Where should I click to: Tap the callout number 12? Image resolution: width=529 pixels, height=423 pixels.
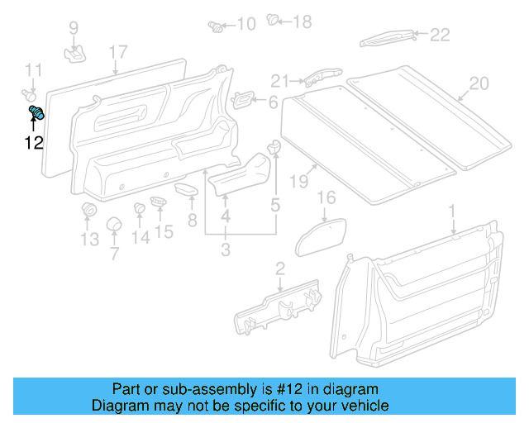click(x=33, y=143)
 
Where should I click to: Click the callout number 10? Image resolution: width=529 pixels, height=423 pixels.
click(x=245, y=24)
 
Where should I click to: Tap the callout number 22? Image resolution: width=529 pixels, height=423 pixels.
click(x=439, y=34)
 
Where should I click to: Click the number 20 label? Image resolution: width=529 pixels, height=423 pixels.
click(x=479, y=83)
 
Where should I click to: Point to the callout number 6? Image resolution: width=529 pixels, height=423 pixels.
click(x=273, y=102)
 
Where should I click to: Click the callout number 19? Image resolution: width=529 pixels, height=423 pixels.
click(x=298, y=180)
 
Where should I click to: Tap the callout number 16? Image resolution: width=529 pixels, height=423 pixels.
click(x=327, y=197)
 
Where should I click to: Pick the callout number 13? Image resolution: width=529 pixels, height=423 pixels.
click(x=88, y=240)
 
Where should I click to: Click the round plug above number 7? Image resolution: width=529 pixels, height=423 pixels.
click(x=113, y=225)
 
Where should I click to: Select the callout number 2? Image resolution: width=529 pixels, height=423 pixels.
click(x=279, y=267)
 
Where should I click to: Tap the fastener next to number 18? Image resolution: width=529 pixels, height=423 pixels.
click(x=274, y=20)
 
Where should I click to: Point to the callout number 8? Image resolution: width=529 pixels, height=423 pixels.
click(x=192, y=221)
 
